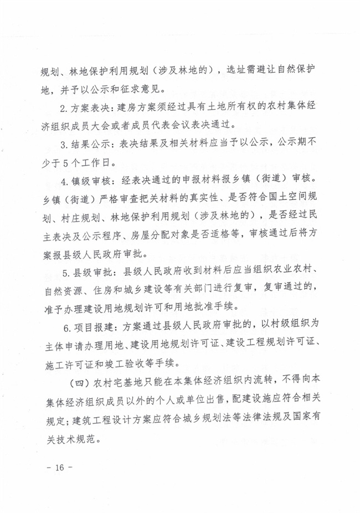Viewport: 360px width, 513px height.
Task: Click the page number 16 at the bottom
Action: point(55,468)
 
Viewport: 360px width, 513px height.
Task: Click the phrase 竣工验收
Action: point(142,363)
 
